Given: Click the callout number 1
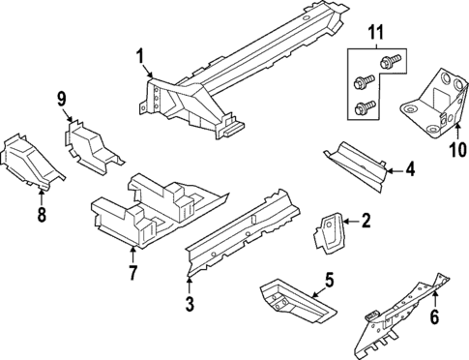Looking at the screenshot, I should tap(141, 55).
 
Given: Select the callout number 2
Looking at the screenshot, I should tap(366, 221).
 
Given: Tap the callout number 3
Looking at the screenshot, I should tap(190, 306).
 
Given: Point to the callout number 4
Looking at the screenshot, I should tap(410, 171).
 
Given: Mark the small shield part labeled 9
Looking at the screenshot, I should tap(92, 145).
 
